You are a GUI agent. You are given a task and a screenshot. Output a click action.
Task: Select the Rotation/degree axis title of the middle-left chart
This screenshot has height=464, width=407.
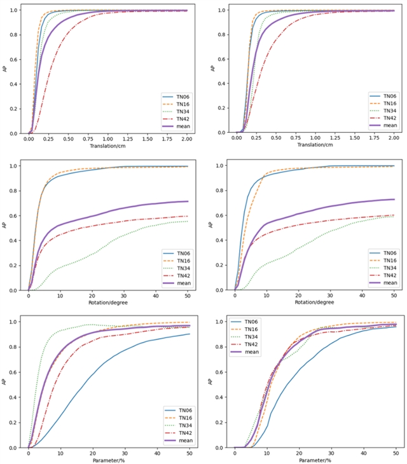109,304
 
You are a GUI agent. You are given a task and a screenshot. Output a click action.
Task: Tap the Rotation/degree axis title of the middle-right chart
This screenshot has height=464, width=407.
315,304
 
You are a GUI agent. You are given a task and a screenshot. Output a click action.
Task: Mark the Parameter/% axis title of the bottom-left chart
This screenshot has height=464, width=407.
109,460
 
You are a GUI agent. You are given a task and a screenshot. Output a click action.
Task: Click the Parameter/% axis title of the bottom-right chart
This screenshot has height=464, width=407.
315,460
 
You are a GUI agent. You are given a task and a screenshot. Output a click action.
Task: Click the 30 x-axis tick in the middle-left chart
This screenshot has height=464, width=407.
125,296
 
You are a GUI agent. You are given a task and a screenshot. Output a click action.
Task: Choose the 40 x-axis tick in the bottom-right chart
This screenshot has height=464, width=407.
363,453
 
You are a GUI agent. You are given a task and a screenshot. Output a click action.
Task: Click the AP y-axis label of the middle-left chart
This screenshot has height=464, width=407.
6,227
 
